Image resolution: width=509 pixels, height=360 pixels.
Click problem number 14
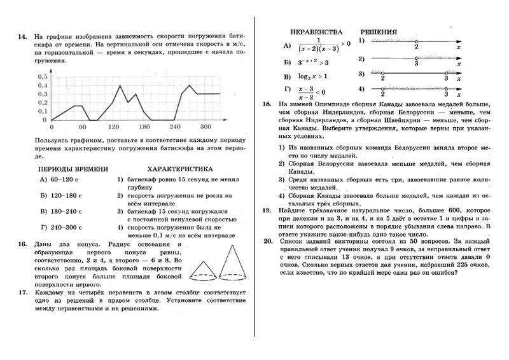tap(22, 37)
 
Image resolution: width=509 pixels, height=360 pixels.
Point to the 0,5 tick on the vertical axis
tap(43, 76)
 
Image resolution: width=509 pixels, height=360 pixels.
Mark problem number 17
tap(22, 292)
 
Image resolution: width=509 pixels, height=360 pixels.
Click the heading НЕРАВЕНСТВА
tap(311, 31)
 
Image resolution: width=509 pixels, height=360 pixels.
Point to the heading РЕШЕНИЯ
tap(379, 31)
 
